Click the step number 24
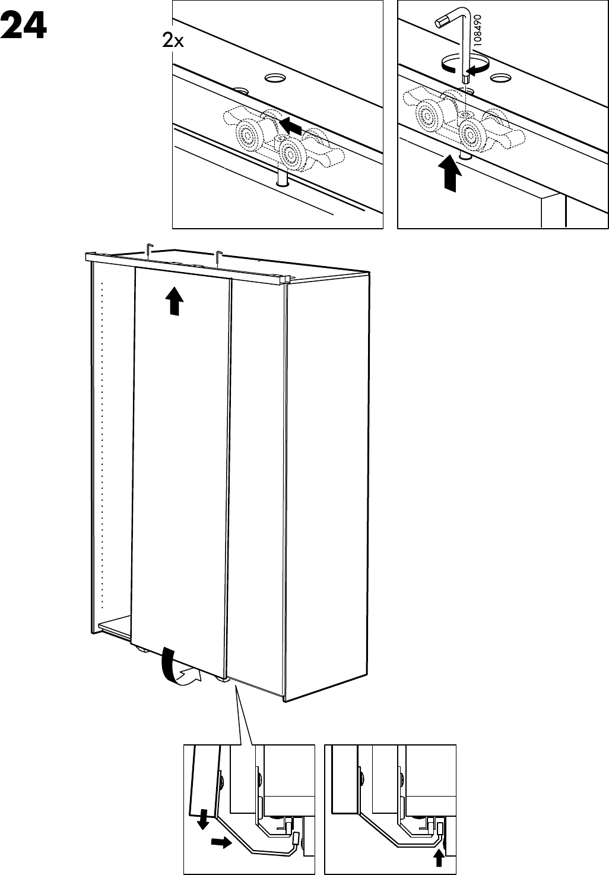tap(24, 25)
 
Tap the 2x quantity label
tap(173, 41)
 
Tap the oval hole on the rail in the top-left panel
tap(275, 78)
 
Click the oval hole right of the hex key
tap(500, 78)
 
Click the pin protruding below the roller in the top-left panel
tap(282, 179)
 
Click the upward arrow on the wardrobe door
tap(174, 301)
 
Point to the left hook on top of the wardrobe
tap(150, 250)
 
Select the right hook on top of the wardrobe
tap(218, 257)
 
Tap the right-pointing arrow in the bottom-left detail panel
tap(221, 840)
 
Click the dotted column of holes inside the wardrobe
tap(102, 445)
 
